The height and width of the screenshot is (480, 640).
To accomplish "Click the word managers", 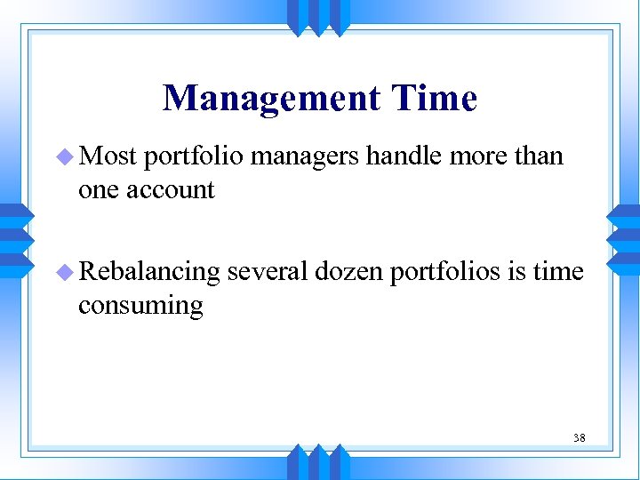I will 306,157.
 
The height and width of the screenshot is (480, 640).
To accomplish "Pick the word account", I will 171,190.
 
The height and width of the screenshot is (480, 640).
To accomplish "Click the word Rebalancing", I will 148,272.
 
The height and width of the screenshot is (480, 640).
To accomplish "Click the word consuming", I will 140,306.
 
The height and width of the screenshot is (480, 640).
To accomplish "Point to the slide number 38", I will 579,437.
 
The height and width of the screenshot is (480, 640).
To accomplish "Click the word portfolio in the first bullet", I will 194,157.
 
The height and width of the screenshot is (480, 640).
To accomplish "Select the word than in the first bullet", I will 539,156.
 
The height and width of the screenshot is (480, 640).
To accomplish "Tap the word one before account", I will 97,190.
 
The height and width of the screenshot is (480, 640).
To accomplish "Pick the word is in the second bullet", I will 516,272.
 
